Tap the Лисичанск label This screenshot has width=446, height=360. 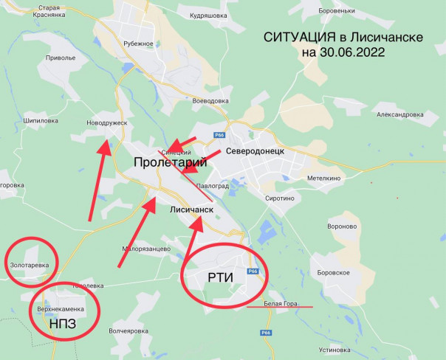191,210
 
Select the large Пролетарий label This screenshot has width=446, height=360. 169,162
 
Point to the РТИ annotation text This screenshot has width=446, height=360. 221,277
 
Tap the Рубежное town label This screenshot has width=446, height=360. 138,44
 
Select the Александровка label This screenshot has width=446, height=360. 399,114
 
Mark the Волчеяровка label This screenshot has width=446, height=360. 128,331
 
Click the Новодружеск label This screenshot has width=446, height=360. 107,123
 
